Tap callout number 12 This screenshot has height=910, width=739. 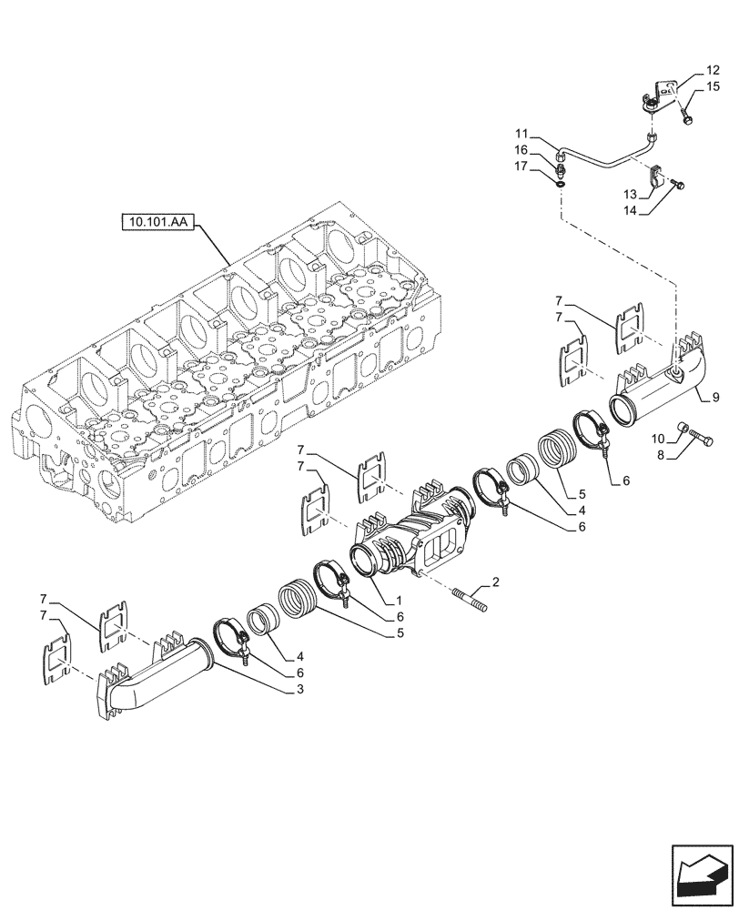[x=713, y=69]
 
